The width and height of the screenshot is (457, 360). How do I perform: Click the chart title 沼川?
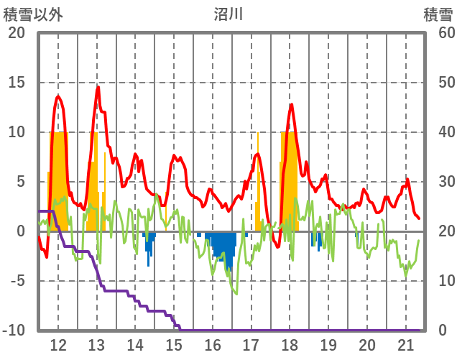228,14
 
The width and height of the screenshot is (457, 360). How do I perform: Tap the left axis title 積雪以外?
33,14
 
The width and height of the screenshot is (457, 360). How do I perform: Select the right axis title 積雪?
437,14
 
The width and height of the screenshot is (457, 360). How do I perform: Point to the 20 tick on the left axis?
16,33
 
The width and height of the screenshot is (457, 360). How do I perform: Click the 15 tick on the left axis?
16,83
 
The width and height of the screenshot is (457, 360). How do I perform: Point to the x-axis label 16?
213,344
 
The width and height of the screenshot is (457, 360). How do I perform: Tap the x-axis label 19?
328,344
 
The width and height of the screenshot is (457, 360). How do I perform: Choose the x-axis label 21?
405,344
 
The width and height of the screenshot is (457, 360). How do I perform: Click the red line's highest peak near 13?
98,88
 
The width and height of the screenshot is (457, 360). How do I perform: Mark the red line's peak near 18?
291,105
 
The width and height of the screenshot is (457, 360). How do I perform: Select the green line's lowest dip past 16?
236,293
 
